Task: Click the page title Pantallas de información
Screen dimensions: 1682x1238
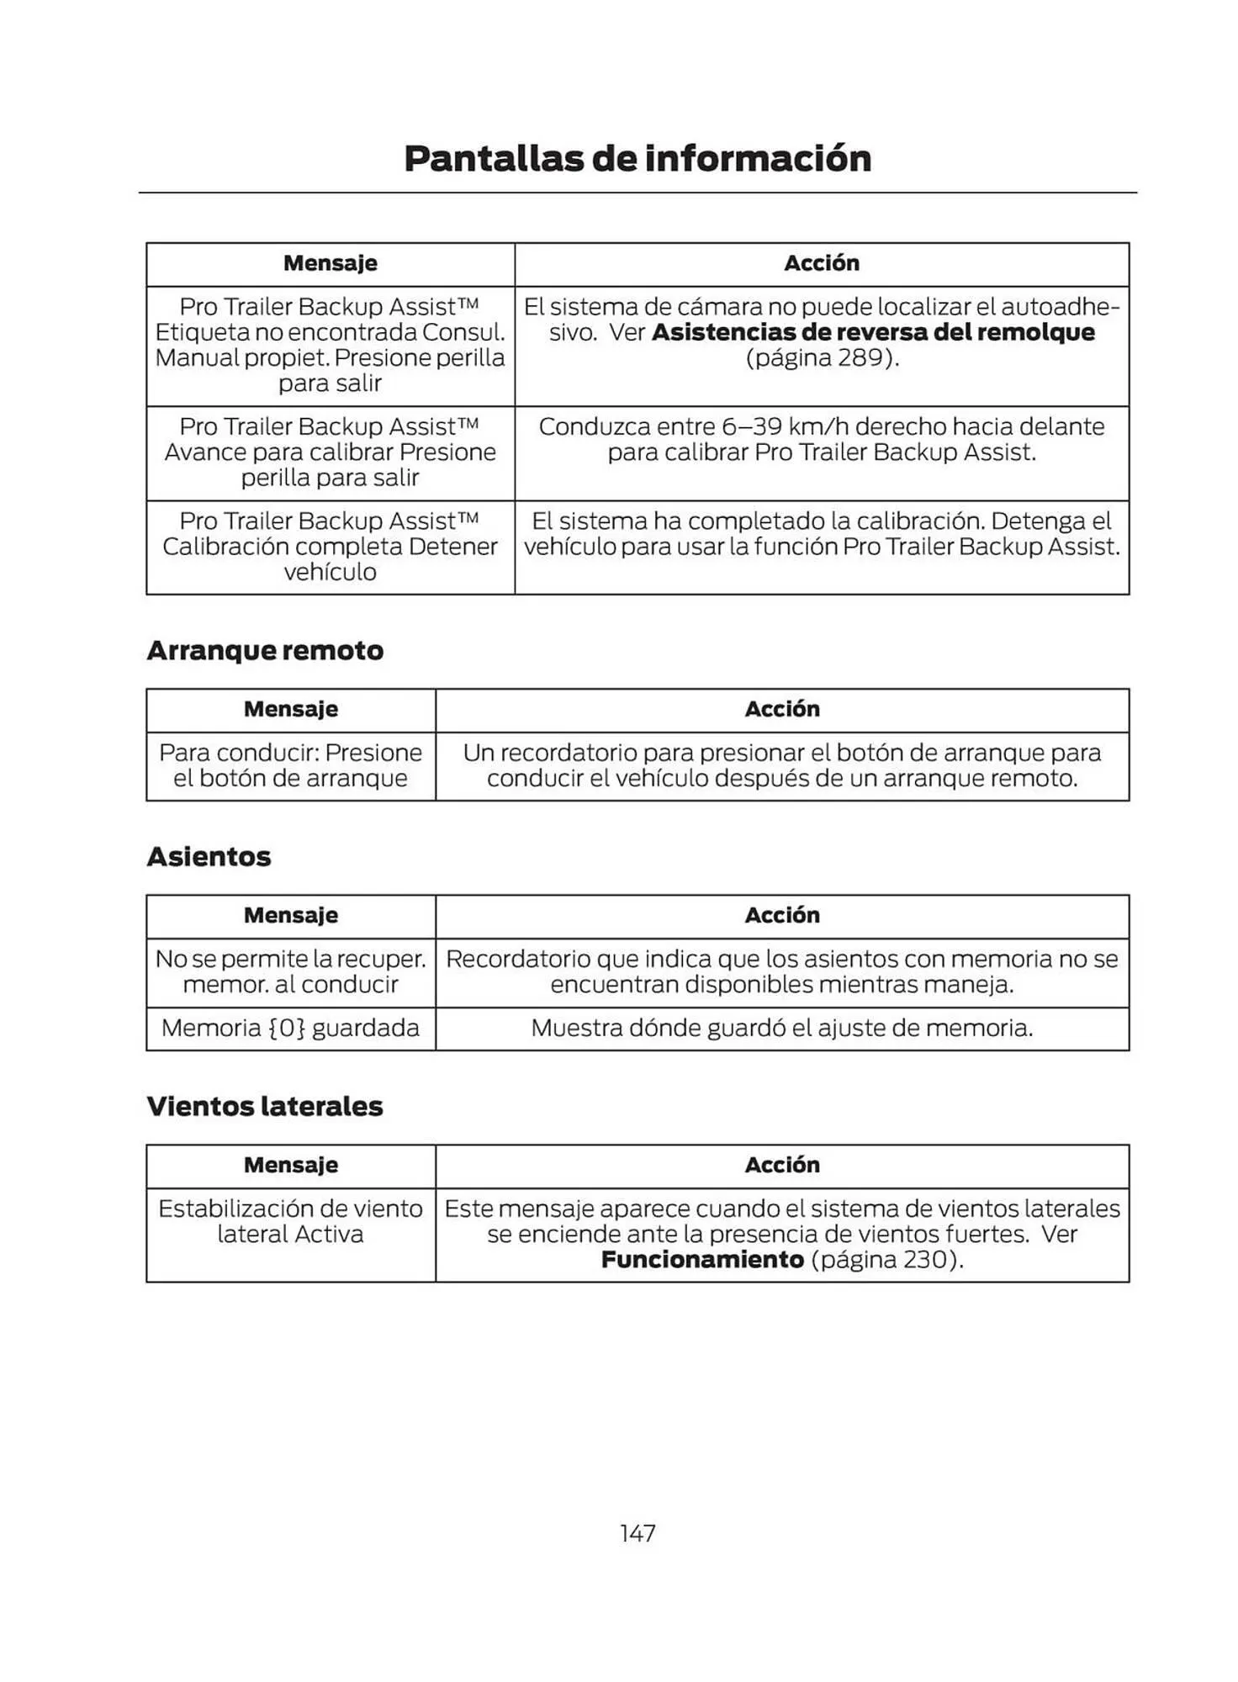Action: (x=637, y=158)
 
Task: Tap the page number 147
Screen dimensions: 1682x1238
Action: (x=637, y=1533)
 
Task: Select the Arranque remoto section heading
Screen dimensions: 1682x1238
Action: (x=265, y=650)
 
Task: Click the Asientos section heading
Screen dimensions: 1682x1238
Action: (x=209, y=856)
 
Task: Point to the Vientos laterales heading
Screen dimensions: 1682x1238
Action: (x=264, y=1106)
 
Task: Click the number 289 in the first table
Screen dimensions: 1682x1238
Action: (x=858, y=357)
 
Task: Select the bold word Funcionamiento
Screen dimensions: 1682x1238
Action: (x=702, y=1259)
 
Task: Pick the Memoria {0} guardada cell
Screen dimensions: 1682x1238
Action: (x=290, y=1028)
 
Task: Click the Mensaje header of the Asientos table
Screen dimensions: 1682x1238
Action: (x=290, y=915)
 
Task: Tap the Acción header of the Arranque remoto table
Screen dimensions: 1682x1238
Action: (x=781, y=709)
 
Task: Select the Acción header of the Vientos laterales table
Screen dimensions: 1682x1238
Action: (x=781, y=1165)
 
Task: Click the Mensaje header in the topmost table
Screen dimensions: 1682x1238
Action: (x=330, y=263)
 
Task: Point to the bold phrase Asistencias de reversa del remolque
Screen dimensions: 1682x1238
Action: (x=873, y=332)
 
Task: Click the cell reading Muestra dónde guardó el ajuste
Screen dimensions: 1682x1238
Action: (x=781, y=1028)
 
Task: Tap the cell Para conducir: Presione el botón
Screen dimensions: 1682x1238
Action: (x=290, y=764)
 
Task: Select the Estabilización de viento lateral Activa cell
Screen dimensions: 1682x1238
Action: (x=290, y=1221)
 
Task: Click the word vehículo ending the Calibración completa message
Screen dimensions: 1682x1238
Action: (x=330, y=572)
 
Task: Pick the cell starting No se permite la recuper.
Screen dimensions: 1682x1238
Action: (x=290, y=971)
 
